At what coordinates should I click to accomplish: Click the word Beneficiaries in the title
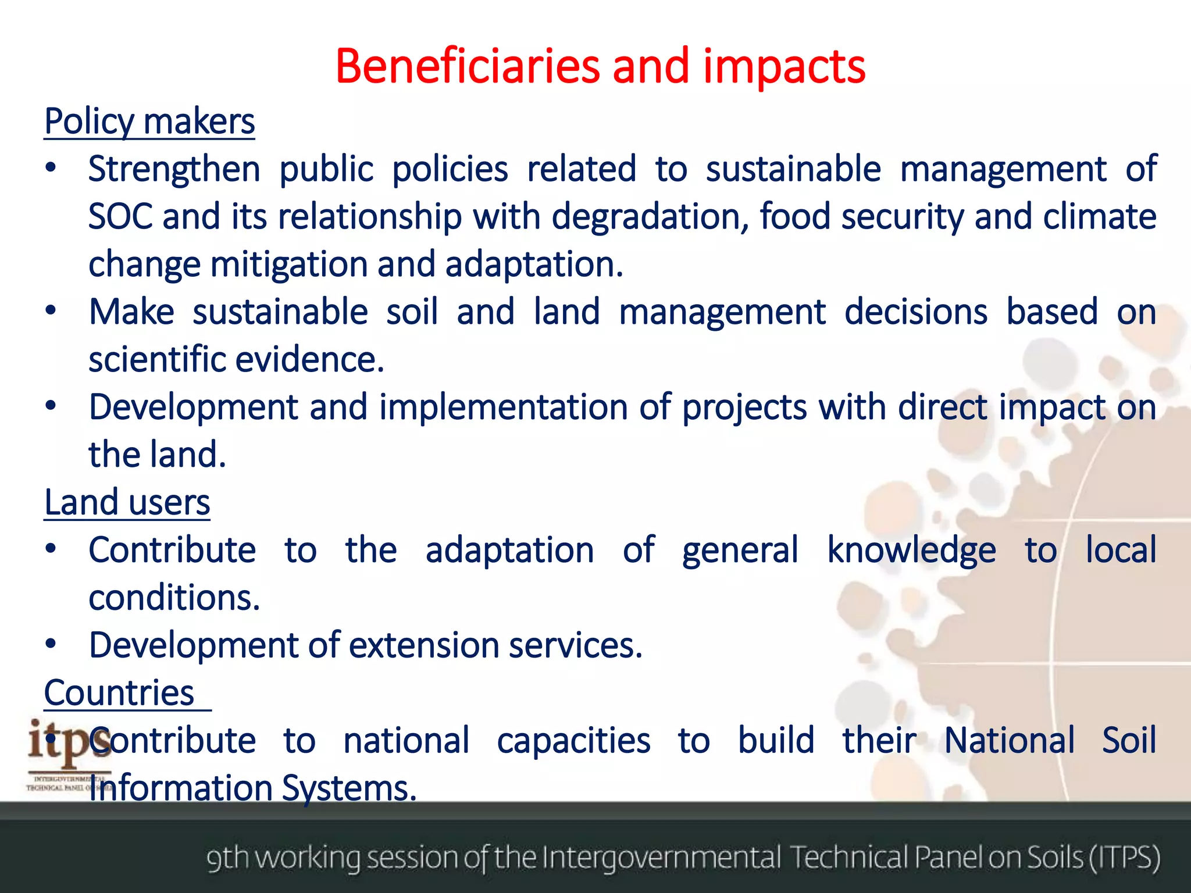(x=466, y=66)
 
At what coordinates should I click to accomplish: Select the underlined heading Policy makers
(x=149, y=122)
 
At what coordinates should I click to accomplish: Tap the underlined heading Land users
(x=127, y=502)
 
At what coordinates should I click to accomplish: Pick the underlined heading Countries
(x=119, y=693)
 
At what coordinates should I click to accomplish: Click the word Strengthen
(x=174, y=170)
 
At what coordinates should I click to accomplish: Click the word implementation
(x=504, y=407)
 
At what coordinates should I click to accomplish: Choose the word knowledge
(x=911, y=551)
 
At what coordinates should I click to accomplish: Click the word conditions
(x=174, y=598)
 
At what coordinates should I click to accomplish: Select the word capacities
(x=573, y=741)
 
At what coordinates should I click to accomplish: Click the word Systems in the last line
(x=349, y=789)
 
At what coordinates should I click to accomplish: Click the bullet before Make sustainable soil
(x=51, y=312)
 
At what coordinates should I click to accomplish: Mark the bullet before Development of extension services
(x=51, y=645)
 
